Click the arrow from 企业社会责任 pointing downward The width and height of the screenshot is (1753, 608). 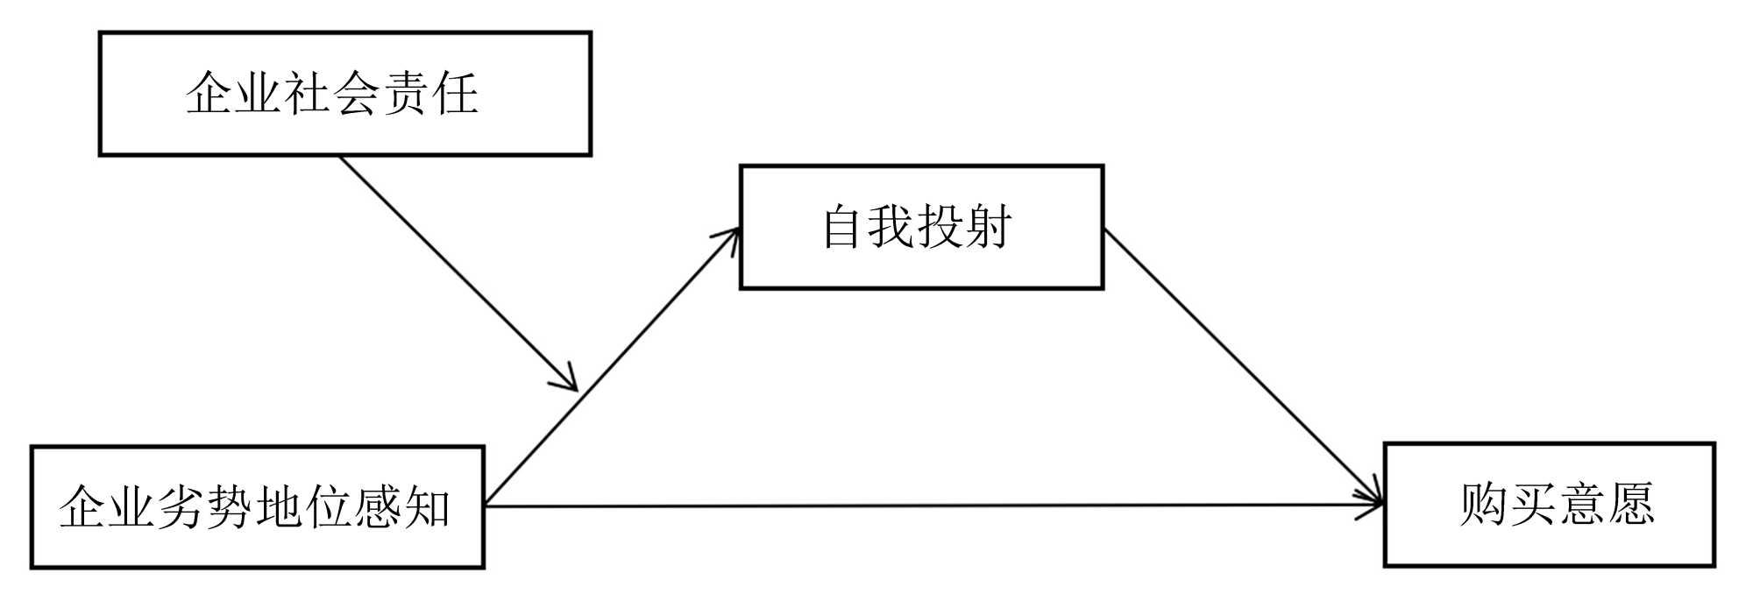point(456,271)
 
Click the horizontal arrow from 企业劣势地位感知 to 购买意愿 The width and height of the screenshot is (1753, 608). point(929,505)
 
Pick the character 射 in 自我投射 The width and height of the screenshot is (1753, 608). point(988,227)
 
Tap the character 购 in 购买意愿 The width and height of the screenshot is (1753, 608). point(1483,505)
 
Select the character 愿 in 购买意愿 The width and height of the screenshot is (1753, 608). point(1629,505)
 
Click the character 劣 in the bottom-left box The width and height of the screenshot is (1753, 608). point(180,507)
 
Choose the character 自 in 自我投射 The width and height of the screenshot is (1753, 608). point(842,227)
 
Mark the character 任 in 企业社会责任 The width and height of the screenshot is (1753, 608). point(455,94)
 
